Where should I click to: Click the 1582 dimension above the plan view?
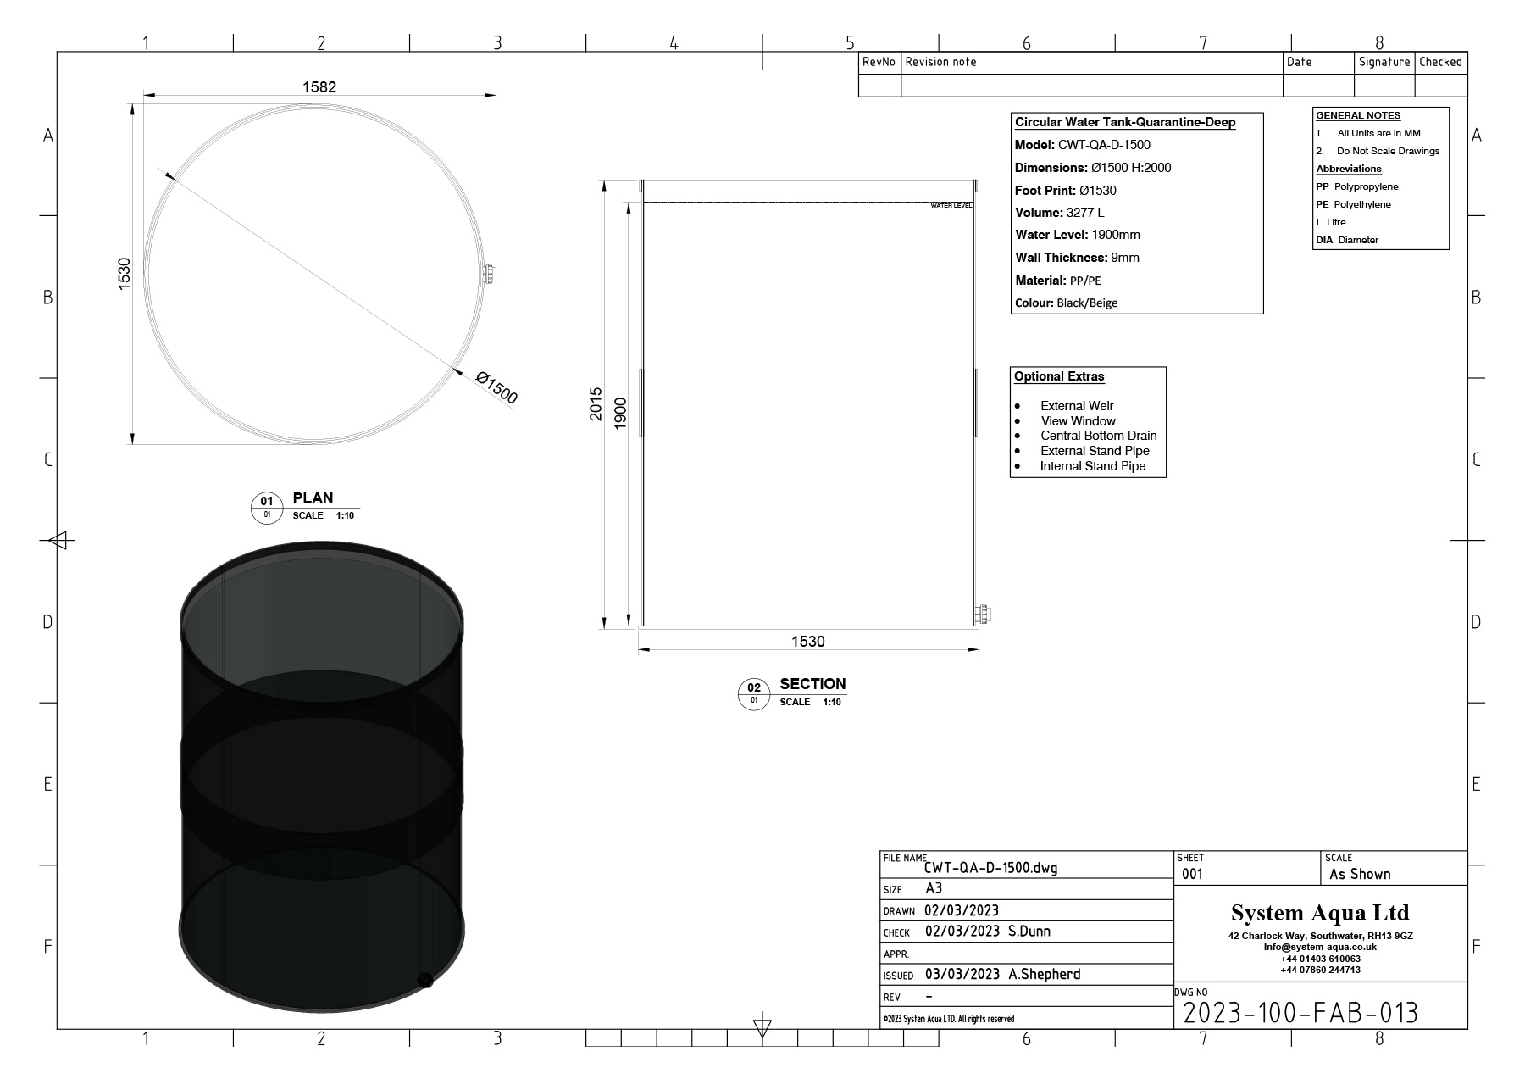pyautogui.click(x=319, y=86)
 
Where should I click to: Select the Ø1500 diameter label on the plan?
pyautogui.click(x=496, y=388)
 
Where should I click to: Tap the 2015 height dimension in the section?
pyautogui.click(x=596, y=404)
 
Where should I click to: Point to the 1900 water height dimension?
pyautogui.click(x=620, y=414)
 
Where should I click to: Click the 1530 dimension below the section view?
pyautogui.click(x=807, y=642)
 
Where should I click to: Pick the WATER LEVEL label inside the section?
pyautogui.click(x=951, y=206)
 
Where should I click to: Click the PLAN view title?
pyautogui.click(x=313, y=498)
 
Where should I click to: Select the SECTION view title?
pyautogui.click(x=812, y=684)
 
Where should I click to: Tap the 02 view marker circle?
pyautogui.click(x=754, y=693)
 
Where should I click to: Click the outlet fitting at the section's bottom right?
pyautogui.click(x=983, y=615)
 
